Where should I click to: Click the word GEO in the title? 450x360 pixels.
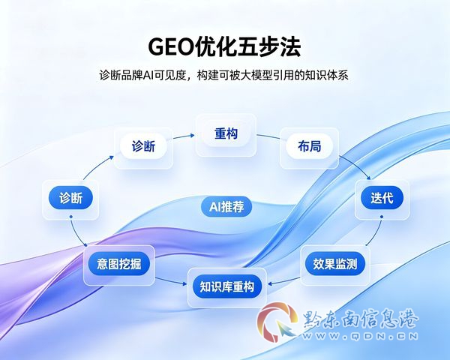coord(170,47)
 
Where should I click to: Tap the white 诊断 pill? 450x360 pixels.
coord(143,146)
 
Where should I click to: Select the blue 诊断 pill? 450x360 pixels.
coord(70,198)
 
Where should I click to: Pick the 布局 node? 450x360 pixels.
coord(309,146)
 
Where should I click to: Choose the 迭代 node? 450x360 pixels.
coord(382,198)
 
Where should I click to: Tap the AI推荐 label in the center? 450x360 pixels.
coord(226,207)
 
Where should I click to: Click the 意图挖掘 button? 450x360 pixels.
coord(118,264)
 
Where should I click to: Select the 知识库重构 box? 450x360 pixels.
coord(227,286)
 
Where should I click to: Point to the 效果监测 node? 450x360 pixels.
coord(335,264)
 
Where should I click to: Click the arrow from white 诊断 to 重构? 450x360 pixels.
coord(184,136)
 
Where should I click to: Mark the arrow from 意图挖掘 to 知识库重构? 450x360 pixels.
coord(171,281)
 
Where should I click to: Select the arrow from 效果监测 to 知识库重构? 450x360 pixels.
coord(284,281)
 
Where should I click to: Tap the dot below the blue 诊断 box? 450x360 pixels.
coord(70,217)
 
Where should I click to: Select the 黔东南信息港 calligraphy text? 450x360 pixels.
coord(360,319)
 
